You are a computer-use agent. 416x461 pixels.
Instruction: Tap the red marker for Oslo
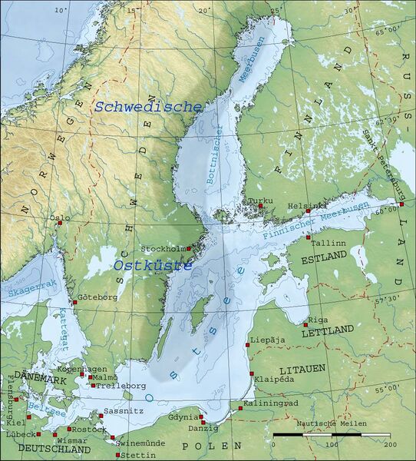click(x=58, y=224)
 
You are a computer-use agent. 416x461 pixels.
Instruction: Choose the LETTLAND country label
click(x=328, y=330)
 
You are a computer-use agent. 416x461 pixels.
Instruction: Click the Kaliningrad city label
click(x=270, y=403)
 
